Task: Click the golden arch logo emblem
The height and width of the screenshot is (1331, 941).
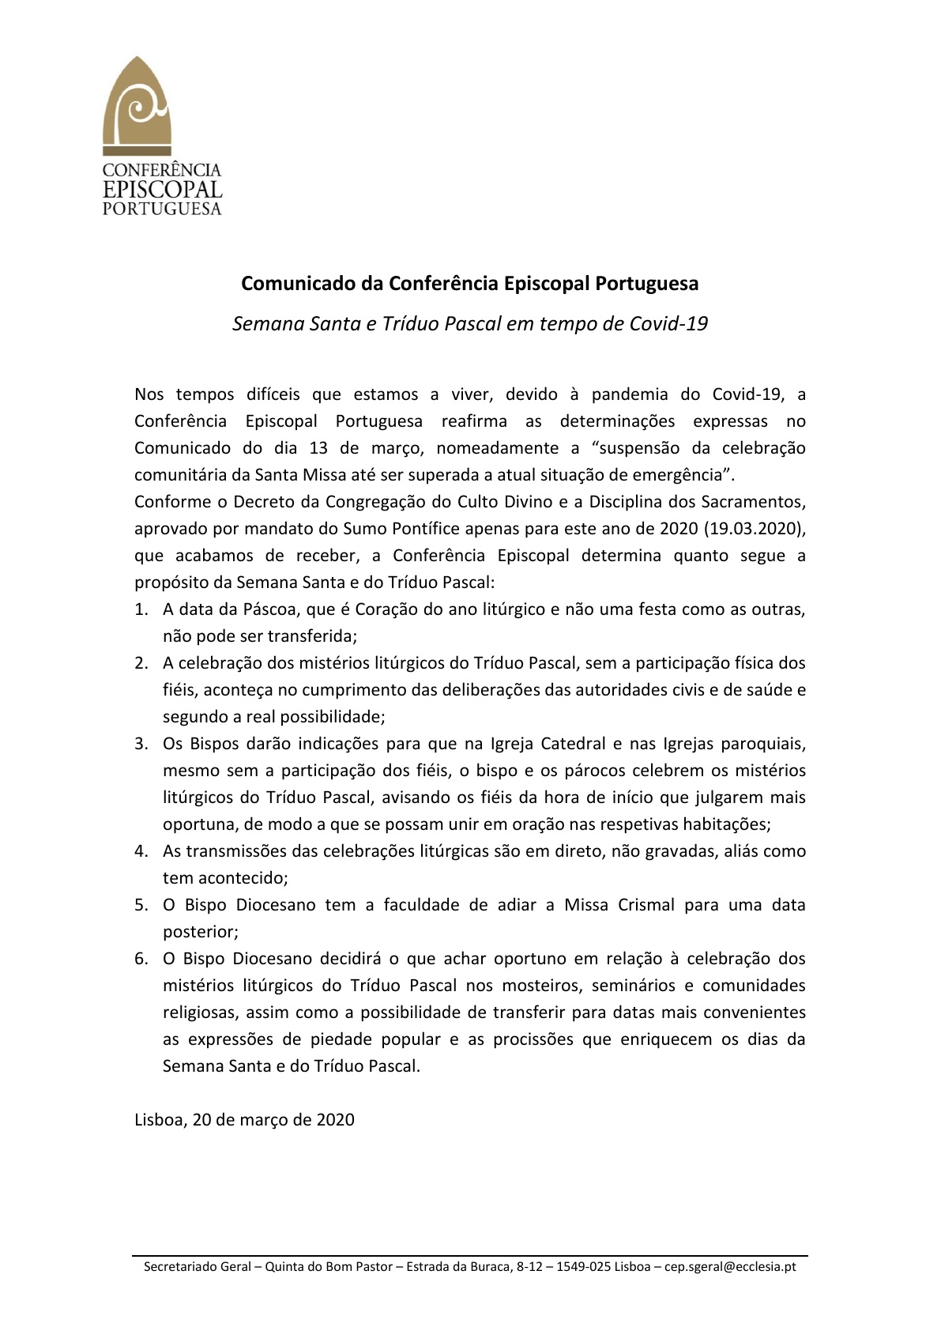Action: (137, 106)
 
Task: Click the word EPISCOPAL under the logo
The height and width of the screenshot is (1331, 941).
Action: (162, 190)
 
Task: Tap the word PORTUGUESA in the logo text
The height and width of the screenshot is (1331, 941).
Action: (162, 209)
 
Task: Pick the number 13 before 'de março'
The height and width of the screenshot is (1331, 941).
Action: (318, 447)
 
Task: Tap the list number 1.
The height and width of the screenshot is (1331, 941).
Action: (141, 609)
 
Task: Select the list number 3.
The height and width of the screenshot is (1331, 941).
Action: (141, 744)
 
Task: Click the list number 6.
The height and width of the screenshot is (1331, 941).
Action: (141, 959)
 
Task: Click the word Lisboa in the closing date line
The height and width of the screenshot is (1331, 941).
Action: (158, 1120)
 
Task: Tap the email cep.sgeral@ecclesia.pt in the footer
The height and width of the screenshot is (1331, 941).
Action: (730, 1267)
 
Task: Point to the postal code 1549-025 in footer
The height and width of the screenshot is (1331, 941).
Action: (583, 1267)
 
